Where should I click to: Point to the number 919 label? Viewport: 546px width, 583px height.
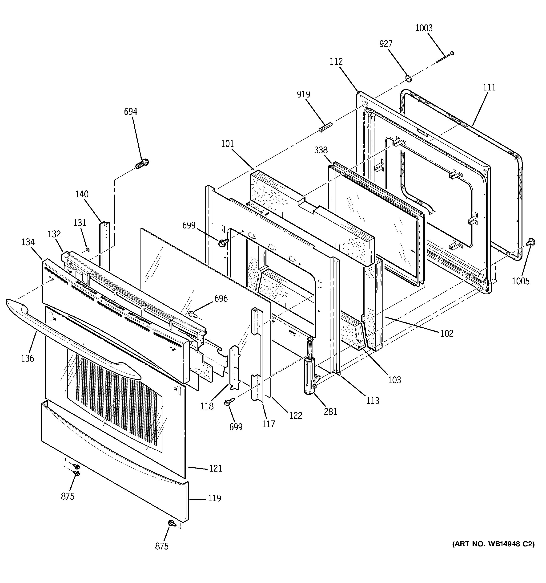[x=303, y=94]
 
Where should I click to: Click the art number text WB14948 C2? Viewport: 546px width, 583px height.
[x=494, y=544]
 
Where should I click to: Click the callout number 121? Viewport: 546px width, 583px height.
[x=215, y=468]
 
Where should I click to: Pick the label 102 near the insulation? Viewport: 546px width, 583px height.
[x=446, y=334]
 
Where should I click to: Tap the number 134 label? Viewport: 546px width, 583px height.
[x=28, y=242]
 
